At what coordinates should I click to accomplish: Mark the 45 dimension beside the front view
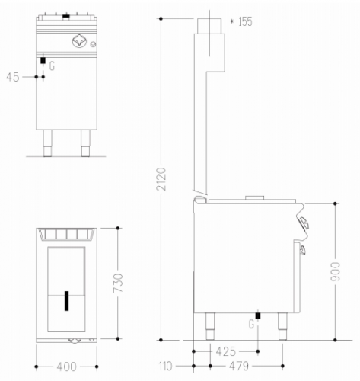click(13, 77)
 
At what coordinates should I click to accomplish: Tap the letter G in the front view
click(52, 66)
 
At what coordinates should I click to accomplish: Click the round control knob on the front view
click(78, 40)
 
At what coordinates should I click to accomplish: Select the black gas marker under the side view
click(258, 315)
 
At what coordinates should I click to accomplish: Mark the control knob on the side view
click(304, 223)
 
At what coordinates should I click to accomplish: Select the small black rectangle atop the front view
click(67, 14)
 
